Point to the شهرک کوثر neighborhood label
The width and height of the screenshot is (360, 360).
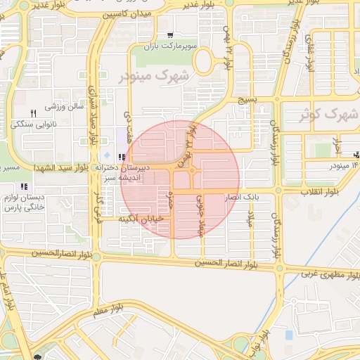click(x=328, y=113)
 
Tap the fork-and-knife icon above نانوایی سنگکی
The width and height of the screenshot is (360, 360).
click(x=32, y=113)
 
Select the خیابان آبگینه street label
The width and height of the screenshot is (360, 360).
click(x=146, y=219)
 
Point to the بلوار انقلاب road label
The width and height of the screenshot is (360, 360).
click(x=320, y=191)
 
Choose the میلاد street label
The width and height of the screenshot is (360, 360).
click(x=249, y=219)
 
